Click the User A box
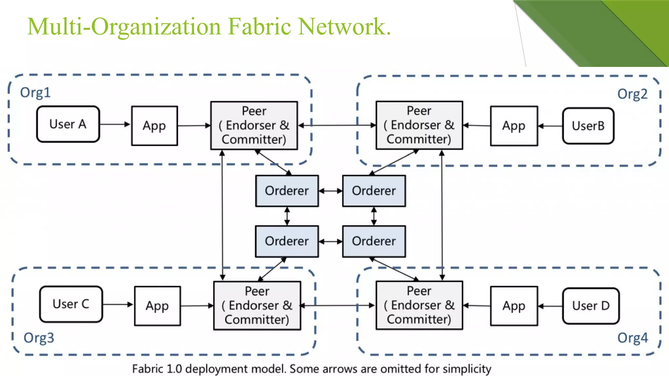click(68, 124)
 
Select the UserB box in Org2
click(588, 126)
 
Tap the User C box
click(71, 304)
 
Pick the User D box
click(591, 306)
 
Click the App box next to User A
click(155, 126)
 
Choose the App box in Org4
click(514, 306)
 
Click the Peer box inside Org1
click(254, 125)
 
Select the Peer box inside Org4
click(419, 305)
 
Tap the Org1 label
click(35, 93)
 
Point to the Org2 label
click(632, 94)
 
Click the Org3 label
click(39, 338)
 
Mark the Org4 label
click(632, 338)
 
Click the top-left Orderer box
click(287, 191)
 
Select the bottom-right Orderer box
click(374, 241)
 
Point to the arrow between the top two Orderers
click(330, 191)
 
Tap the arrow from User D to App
click(550, 306)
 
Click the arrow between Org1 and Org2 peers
click(336, 125)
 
